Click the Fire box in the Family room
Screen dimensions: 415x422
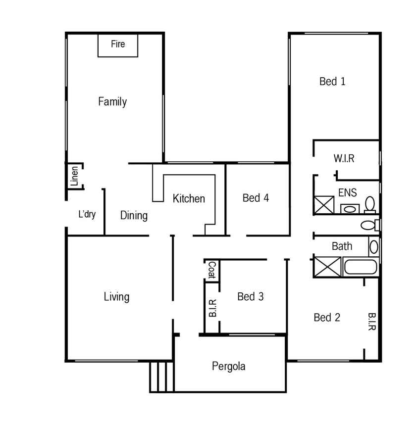[118, 45]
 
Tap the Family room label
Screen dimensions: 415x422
[112, 102]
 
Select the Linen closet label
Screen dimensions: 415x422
[74, 176]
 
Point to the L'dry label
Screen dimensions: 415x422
[87, 214]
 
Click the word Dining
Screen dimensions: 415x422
[134, 216]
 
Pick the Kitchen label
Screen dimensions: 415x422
[189, 198]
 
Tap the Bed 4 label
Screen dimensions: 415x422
[256, 198]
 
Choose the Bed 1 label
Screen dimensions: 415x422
[332, 82]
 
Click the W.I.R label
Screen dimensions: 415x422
[344, 158]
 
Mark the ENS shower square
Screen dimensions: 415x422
[324, 205]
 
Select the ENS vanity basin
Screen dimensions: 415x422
[350, 209]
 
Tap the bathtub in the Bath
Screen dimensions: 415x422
[361, 267]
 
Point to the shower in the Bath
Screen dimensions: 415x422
[327, 267]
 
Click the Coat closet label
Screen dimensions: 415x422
[212, 270]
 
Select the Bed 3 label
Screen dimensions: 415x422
[251, 296]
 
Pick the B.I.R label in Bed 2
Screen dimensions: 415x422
[372, 322]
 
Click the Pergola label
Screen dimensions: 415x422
[228, 367]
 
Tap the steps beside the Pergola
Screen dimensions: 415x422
[161, 376]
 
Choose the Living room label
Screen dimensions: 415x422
[116, 297]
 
